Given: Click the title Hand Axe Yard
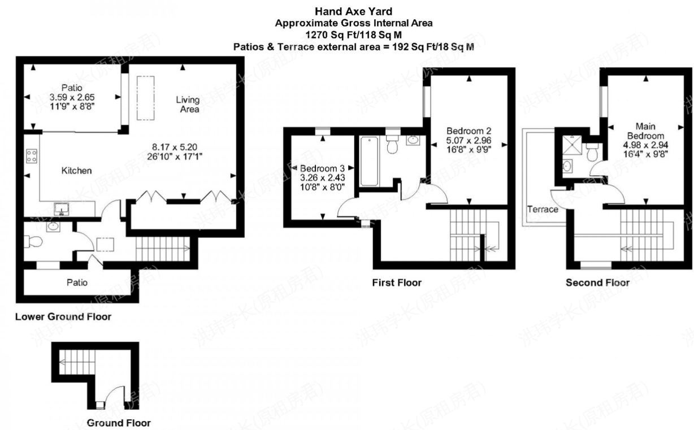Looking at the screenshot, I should [x=354, y=11].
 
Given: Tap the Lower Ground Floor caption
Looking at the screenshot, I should [x=63, y=316].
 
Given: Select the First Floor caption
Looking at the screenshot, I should [x=396, y=282].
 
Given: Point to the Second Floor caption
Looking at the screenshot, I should [x=597, y=282].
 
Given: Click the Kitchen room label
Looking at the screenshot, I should [x=76, y=170].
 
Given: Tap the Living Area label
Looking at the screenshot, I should [x=188, y=105].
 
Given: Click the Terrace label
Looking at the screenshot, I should [x=543, y=209].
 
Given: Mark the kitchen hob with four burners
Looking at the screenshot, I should [x=32, y=155].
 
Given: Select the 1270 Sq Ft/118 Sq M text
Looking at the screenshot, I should [x=354, y=35].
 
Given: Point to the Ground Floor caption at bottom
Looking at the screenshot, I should [x=119, y=422].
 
